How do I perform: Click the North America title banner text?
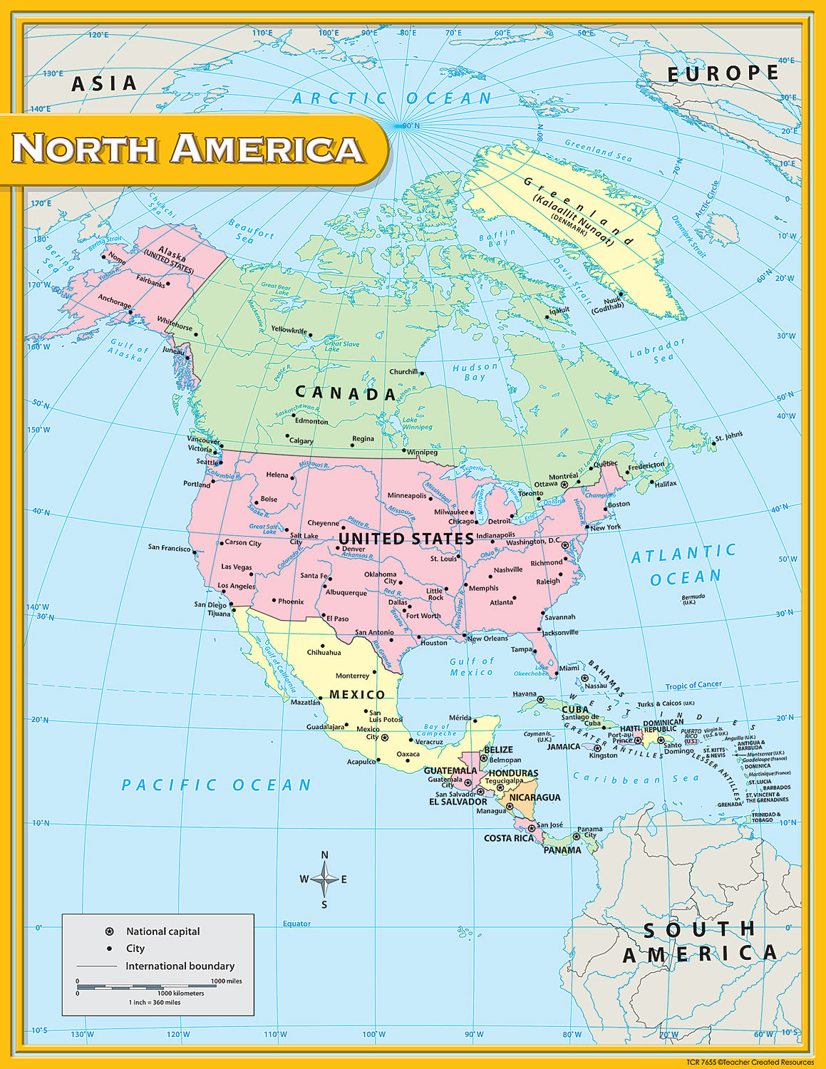188,148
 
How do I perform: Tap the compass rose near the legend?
324,879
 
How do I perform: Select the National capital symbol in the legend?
109,931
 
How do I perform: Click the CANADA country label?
346,393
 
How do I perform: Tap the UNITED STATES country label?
406,539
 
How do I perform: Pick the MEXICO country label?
357,695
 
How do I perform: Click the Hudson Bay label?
475,372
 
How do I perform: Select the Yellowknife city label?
289,330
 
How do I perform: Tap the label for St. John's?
729,435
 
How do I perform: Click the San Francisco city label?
169,547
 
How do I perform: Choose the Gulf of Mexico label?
472,666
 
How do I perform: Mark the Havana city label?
525,694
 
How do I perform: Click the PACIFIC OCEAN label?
217,785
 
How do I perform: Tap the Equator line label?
296,924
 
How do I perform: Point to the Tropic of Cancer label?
693,685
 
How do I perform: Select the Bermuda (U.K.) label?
693,599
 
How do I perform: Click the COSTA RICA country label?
508,838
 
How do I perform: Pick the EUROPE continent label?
722,73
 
